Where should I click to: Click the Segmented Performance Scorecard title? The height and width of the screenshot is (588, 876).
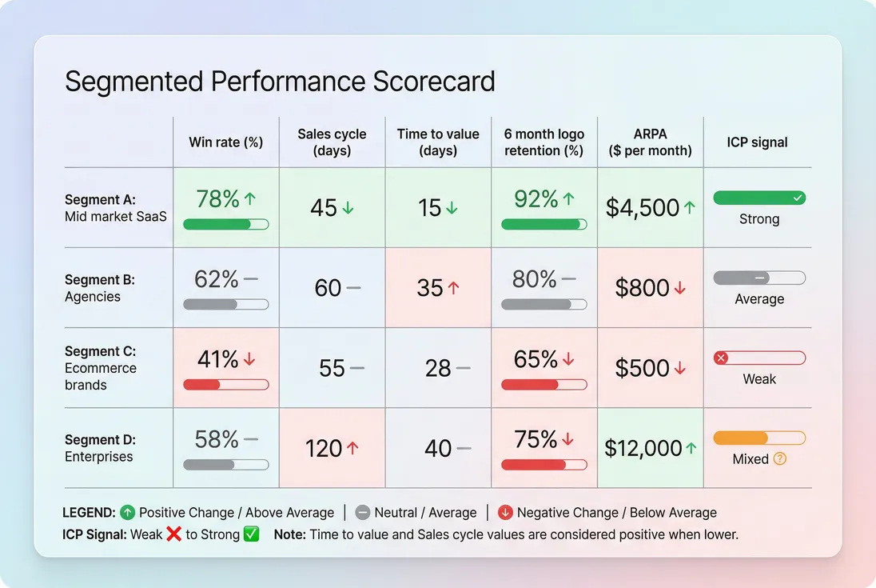pos(280,82)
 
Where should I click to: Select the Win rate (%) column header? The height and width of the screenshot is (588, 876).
pos(225,142)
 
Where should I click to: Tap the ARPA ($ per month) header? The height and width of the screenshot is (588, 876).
pos(650,142)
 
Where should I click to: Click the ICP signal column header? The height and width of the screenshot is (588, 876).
pos(757,142)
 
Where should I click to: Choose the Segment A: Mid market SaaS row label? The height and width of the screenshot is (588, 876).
pos(115,208)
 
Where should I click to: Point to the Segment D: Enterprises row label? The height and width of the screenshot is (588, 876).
pos(100,448)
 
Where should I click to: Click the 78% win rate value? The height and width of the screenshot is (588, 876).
pos(217,199)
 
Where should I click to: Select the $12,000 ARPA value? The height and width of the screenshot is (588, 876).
pos(643,448)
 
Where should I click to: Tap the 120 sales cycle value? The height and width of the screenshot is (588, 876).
pos(323,448)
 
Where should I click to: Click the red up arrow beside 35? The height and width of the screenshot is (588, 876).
pos(454,288)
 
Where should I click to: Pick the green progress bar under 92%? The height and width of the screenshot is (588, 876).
pos(544,225)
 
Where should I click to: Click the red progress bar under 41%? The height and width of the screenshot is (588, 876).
pos(225,385)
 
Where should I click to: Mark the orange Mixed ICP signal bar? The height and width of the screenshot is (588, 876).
pos(759,438)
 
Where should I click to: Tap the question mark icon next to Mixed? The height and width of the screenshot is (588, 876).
pos(781,459)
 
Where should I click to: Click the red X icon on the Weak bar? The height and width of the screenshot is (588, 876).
pos(721,358)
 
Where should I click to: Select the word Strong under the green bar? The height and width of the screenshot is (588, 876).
pos(759,219)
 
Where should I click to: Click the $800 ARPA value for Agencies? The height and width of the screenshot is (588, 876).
pos(643,288)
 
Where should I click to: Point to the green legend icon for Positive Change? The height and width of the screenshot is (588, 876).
pos(128,513)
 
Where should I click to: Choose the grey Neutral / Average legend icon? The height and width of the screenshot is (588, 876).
pos(362,513)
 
